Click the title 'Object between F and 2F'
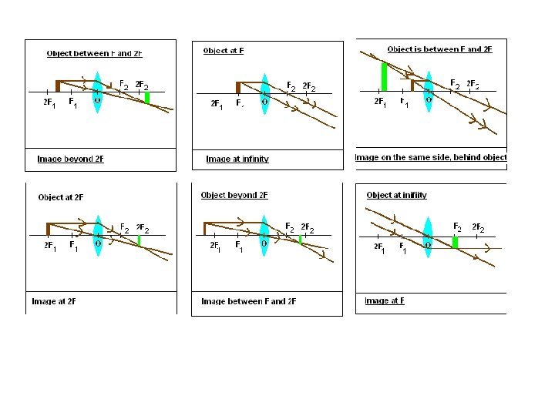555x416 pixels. pyautogui.click(x=95, y=54)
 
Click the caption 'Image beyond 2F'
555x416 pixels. pyautogui.click(x=70, y=159)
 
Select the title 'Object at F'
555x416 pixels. pyautogui.click(x=224, y=51)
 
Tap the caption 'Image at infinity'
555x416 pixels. pyautogui.click(x=237, y=159)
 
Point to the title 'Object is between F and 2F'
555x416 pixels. pyautogui.click(x=439, y=49)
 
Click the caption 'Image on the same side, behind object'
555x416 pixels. pyautogui.click(x=430, y=157)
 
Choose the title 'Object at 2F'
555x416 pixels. pyautogui.click(x=61, y=197)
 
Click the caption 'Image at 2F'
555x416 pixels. pyautogui.click(x=54, y=301)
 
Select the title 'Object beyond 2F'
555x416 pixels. pyautogui.click(x=234, y=196)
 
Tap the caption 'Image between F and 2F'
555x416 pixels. pyautogui.click(x=248, y=301)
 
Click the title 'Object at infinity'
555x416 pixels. pyautogui.click(x=396, y=196)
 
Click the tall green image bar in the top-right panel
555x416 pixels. pyautogui.click(x=384, y=77)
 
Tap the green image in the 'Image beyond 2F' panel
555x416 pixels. pyautogui.click(x=146, y=97)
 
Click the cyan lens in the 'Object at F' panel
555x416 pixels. pyautogui.click(x=264, y=92)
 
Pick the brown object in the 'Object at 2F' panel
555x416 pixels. pyautogui.click(x=48, y=228)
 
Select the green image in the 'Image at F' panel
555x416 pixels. pyautogui.click(x=456, y=242)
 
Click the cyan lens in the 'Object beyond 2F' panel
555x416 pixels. pyautogui.click(x=264, y=233)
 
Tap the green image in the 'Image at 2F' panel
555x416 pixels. pyautogui.click(x=139, y=240)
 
